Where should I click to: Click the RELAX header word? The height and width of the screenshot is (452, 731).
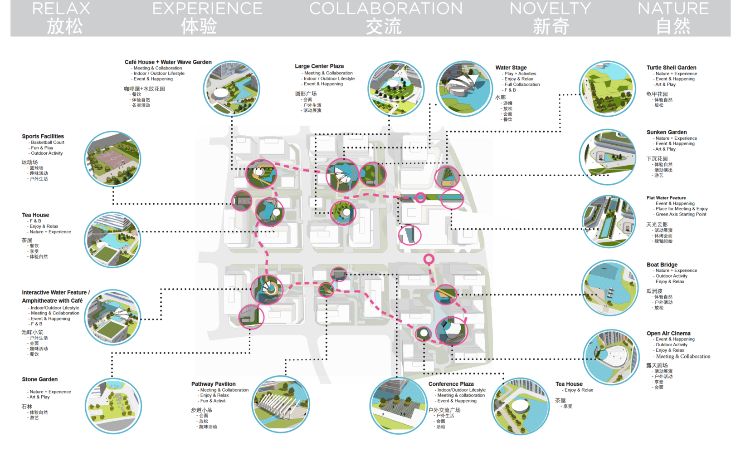61,9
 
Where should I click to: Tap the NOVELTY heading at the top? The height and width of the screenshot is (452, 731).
550,9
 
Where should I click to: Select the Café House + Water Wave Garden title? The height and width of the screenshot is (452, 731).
168,62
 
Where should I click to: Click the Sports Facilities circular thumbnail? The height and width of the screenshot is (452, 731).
112,159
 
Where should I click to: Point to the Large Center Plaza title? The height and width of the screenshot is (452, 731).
319,66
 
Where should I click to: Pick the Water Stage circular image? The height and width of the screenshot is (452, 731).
464,89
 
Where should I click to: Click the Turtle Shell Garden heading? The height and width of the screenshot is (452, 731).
671,68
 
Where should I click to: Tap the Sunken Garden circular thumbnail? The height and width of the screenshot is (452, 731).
608,157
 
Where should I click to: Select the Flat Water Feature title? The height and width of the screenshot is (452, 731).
666,198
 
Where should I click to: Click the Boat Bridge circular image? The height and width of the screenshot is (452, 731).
609,288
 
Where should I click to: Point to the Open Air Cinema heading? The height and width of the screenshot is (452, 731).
668,334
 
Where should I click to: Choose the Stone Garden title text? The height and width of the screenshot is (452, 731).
40,379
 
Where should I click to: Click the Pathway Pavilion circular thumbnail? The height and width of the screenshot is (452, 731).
281,404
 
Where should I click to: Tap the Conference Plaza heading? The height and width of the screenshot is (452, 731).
451,384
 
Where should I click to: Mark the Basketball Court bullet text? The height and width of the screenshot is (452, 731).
48,142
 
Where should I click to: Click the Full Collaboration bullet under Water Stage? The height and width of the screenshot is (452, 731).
522,84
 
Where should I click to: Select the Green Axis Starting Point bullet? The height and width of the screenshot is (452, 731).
681,214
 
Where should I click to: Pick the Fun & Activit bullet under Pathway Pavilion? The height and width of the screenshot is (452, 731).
213,401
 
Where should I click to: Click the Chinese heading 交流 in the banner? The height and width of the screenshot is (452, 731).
384,26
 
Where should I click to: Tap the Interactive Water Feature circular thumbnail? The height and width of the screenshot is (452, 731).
113,317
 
